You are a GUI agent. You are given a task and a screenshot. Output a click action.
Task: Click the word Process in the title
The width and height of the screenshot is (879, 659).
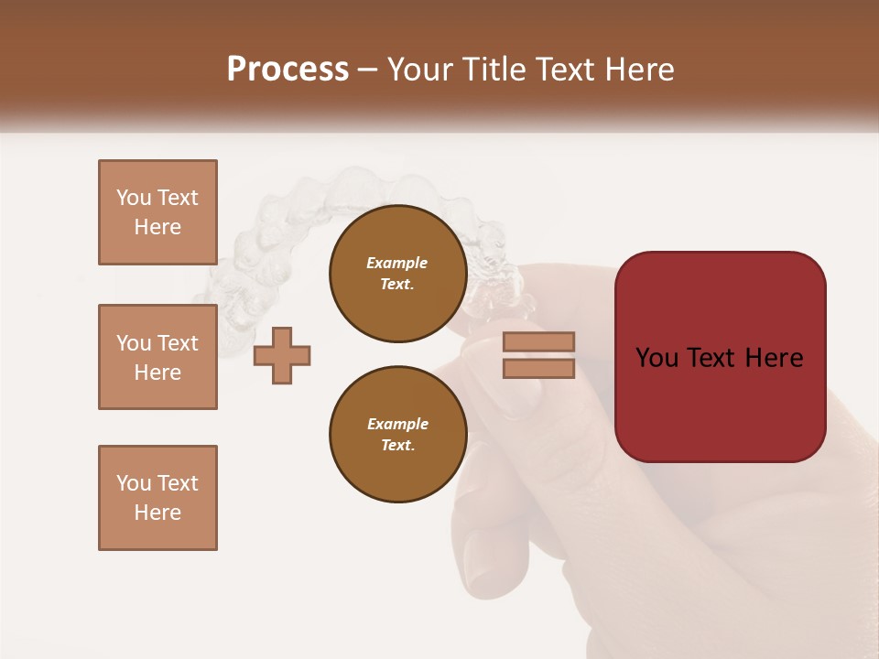point(288,70)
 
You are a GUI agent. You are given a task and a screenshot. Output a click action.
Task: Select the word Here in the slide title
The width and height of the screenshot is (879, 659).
point(638,70)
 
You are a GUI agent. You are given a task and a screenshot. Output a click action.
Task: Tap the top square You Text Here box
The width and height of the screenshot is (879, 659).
point(157,212)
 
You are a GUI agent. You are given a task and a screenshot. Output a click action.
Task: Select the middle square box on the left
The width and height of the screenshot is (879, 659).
point(157,357)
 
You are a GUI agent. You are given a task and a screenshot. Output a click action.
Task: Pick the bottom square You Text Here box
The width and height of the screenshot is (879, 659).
point(157,498)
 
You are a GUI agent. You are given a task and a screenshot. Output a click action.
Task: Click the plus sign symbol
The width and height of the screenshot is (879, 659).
point(282,355)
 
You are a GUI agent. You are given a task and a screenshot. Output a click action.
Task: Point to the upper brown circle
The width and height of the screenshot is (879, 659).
point(397,274)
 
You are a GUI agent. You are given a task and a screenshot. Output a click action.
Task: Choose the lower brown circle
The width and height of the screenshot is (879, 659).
point(397,435)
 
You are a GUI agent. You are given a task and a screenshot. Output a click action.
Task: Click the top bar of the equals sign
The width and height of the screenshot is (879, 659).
point(538,341)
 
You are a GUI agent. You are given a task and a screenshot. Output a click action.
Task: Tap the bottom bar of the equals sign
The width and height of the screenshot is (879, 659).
point(538,368)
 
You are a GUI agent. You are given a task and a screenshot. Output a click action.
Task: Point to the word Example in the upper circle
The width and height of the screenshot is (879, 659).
point(397,263)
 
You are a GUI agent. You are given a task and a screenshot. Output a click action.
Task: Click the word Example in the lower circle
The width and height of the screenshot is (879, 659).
point(397,424)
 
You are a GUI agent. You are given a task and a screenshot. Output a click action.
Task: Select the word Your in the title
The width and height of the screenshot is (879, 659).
point(420,70)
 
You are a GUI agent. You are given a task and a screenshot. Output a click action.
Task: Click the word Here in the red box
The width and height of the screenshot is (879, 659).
point(776,358)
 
